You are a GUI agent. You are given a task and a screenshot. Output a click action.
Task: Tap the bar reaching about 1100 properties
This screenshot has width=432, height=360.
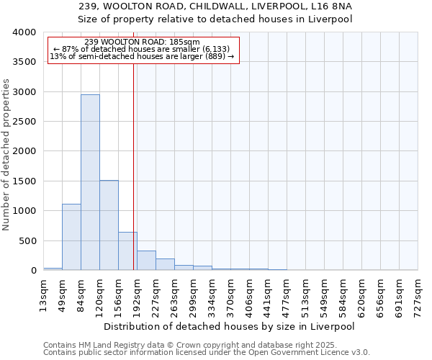[x=71, y=237]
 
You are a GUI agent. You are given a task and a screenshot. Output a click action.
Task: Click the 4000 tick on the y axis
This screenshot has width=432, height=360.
[x=24, y=33]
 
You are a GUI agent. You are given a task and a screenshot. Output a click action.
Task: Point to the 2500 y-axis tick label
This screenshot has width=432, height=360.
[x=24, y=122]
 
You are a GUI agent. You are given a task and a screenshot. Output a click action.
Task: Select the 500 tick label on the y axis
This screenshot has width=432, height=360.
[x=27, y=241]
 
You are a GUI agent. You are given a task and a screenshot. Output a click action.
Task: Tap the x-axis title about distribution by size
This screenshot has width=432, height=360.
[x=230, y=326]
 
